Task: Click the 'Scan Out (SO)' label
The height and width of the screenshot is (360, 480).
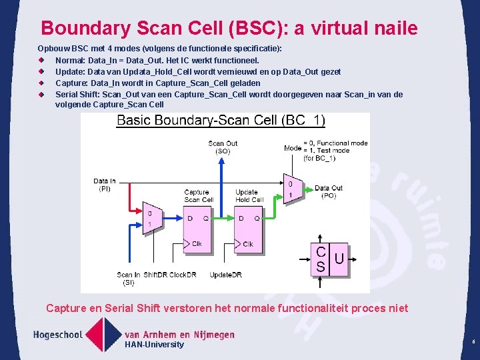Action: click(x=222, y=147)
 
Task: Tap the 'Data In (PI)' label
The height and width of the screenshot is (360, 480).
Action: click(x=105, y=185)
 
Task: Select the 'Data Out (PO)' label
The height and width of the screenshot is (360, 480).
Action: click(x=329, y=192)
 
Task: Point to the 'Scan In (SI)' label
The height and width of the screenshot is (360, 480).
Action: click(x=128, y=278)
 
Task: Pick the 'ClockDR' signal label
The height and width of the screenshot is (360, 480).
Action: click(x=183, y=275)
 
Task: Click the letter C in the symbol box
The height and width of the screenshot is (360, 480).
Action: click(x=321, y=253)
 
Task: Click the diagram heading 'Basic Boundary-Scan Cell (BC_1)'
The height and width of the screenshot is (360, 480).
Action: click(x=221, y=121)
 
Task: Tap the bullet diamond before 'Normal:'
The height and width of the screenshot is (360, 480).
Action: click(x=41, y=61)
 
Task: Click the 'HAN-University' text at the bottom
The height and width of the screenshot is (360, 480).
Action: click(x=154, y=344)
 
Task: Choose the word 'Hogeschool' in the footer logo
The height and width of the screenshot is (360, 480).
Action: click(x=59, y=334)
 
